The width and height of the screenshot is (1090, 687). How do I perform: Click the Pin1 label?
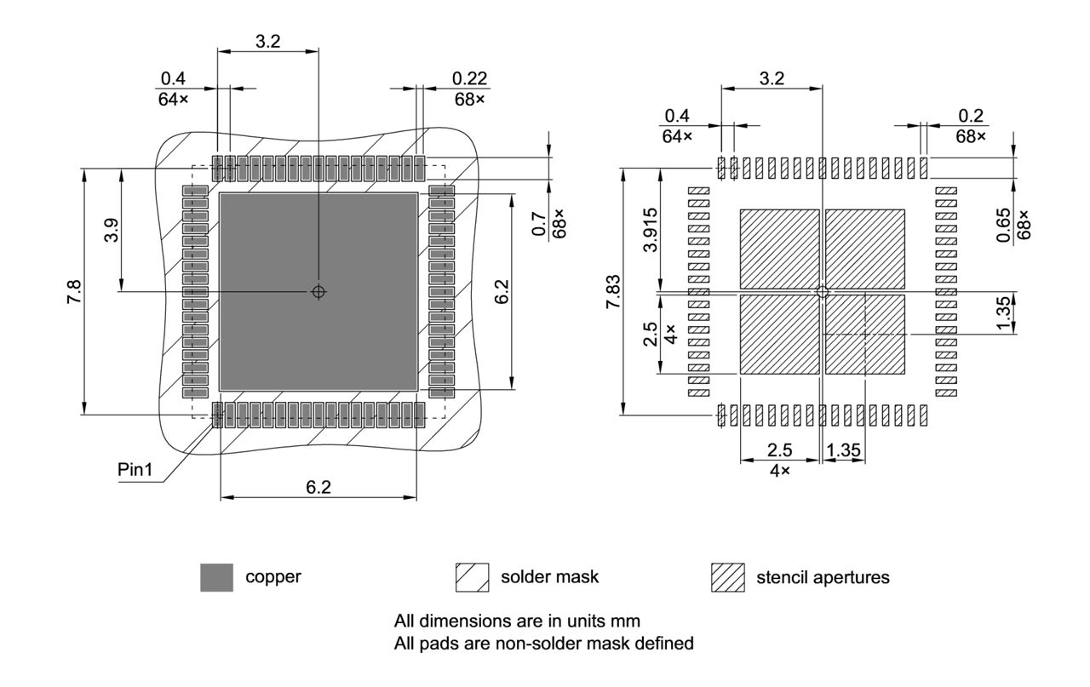click(135, 471)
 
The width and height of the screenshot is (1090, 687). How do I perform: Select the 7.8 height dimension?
click(74, 291)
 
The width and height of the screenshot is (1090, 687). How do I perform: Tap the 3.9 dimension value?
click(112, 231)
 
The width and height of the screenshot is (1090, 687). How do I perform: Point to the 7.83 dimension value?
click(613, 291)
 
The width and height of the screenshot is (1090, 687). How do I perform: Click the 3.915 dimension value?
click(651, 231)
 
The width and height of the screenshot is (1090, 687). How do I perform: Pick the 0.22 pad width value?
click(469, 78)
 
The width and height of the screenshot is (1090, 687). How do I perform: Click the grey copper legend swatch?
click(216, 577)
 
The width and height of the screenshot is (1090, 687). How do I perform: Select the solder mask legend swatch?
click(473, 577)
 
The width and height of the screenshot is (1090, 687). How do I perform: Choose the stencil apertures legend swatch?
click(727, 577)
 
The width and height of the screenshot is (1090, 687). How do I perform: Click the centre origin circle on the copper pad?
click(318, 291)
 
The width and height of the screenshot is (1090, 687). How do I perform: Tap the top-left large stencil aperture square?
click(779, 249)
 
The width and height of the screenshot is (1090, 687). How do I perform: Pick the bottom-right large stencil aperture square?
click(865, 335)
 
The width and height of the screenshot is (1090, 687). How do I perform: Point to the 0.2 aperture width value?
click(971, 116)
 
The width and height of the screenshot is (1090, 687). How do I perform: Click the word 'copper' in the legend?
click(273, 577)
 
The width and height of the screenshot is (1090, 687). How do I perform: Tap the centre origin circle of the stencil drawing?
click(822, 291)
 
